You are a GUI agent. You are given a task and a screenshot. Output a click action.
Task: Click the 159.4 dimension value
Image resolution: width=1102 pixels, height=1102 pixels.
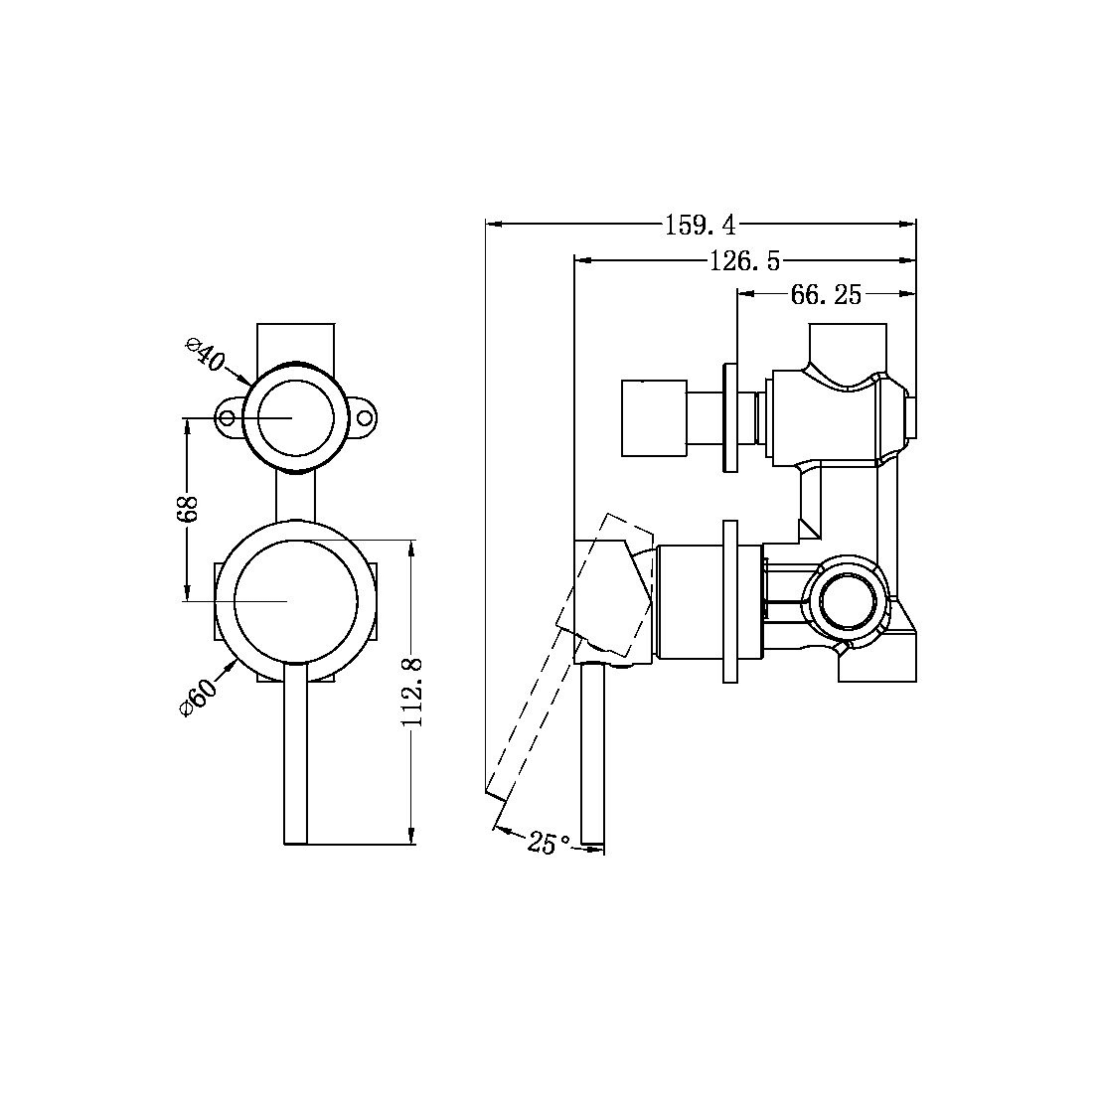tap(700, 225)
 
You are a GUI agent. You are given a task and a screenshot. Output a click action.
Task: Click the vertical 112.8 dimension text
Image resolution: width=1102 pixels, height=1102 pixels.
tap(412, 691)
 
